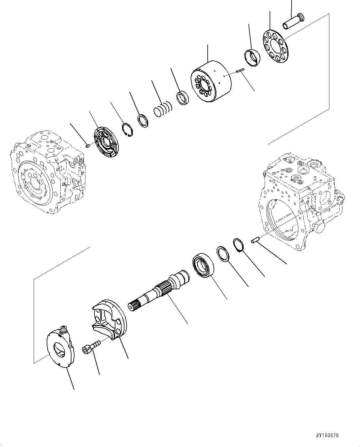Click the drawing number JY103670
click(x=328, y=435)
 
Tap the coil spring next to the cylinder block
click(x=163, y=109)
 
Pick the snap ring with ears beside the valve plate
click(x=127, y=129)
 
